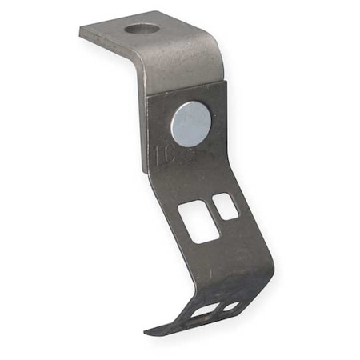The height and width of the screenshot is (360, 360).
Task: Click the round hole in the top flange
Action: point(142,30)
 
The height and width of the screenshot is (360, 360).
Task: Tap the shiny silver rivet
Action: point(191,124)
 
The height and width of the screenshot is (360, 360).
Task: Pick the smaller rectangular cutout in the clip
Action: point(226,206)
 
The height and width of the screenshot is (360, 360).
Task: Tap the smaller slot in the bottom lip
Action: point(230,306)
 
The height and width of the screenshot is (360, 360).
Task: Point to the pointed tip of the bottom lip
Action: point(147,330)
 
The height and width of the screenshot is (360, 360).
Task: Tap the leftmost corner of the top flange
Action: point(81,32)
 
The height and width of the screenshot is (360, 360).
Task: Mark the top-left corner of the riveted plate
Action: point(148,95)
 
